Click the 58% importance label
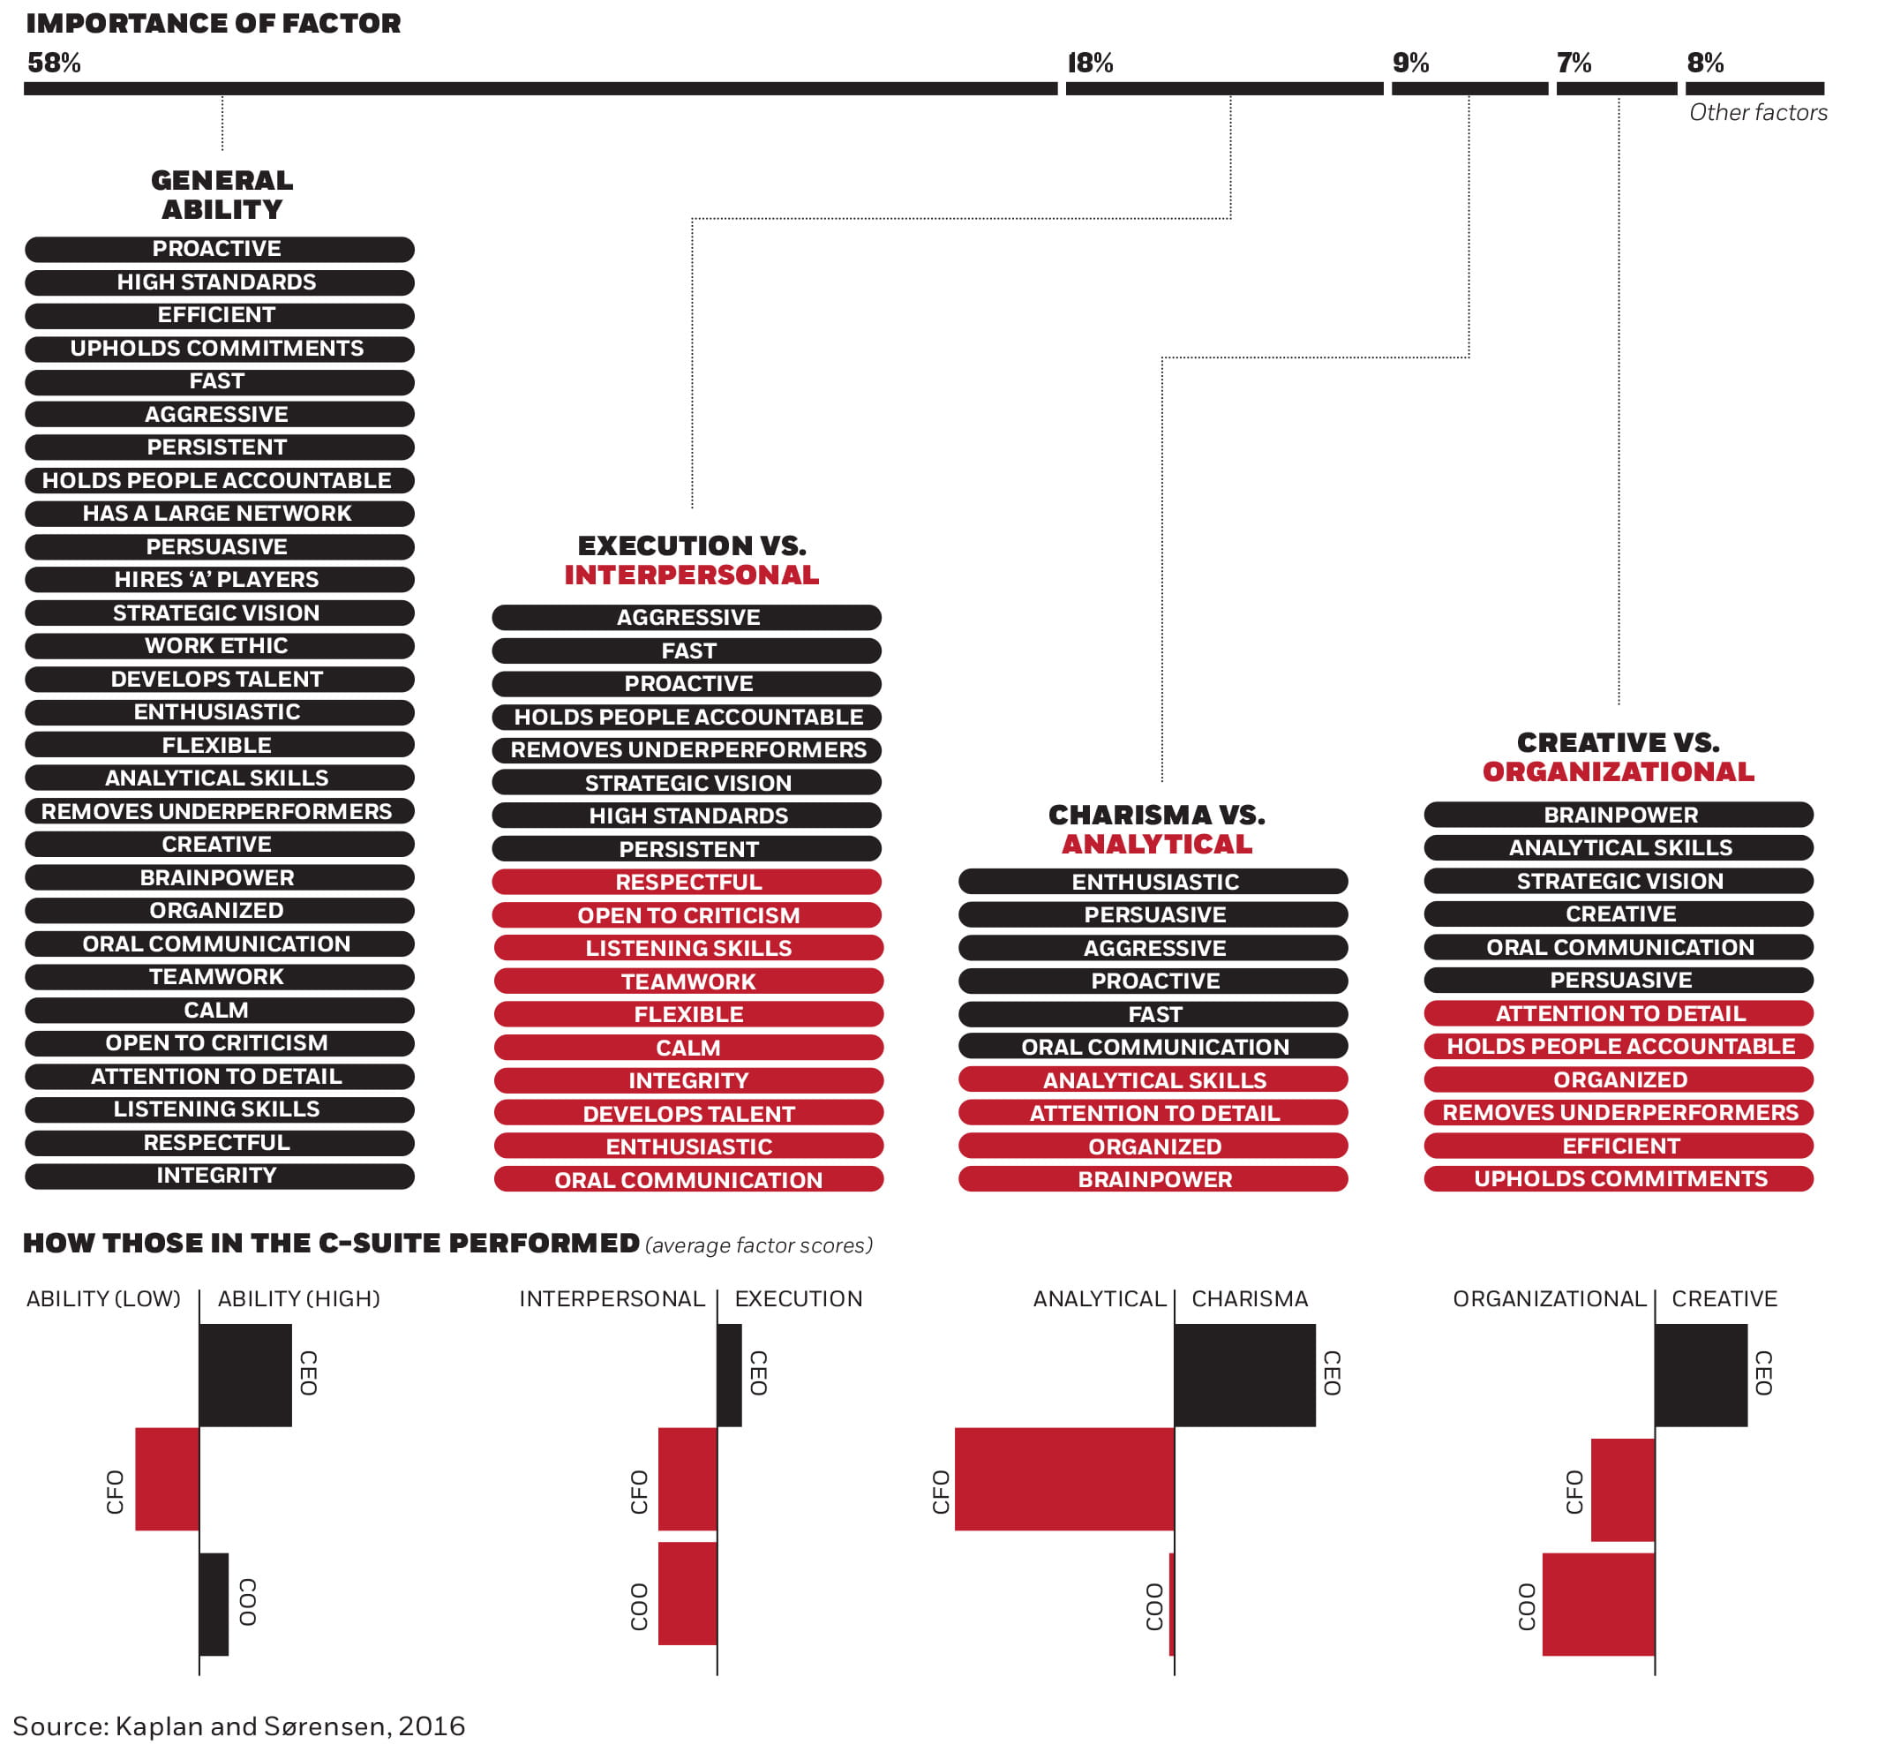point(54,64)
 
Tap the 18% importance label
point(1091,64)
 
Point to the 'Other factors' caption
point(1758,112)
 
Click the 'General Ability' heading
point(222,195)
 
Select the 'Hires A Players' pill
point(217,579)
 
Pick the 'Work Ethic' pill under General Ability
point(217,645)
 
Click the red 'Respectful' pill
point(687,882)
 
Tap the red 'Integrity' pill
point(687,1080)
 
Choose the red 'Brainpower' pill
point(1154,1179)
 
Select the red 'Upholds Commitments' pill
point(1620,1178)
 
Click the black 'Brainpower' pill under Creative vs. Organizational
point(1620,815)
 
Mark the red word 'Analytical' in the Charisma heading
point(1156,844)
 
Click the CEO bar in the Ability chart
point(245,1374)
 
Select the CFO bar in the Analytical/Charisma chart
point(1064,1478)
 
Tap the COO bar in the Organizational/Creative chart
point(1598,1604)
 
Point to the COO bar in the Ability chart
point(214,1604)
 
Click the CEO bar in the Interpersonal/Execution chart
point(729,1374)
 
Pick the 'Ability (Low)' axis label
point(103,1298)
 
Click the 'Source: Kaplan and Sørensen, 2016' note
point(239,1726)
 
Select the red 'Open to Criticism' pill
point(687,914)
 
